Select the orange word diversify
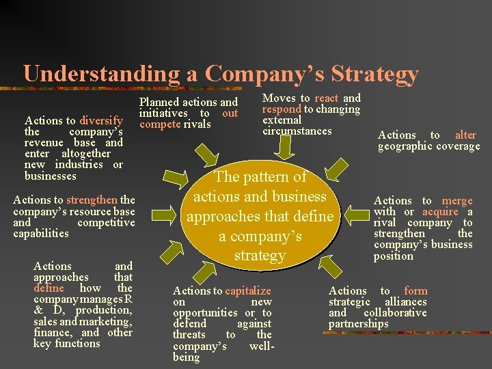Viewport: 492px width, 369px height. pyautogui.click(x=100, y=120)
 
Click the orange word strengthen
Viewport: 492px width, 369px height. pyautogui.click(x=92, y=200)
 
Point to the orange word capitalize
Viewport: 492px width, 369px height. pyautogui.click(x=248, y=290)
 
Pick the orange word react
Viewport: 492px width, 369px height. pyautogui.click(x=326, y=98)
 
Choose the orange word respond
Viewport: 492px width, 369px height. pyautogui.click(x=282, y=109)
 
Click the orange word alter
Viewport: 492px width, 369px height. pyautogui.click(x=465, y=135)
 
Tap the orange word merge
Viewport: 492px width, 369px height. pyautogui.click(x=457, y=200)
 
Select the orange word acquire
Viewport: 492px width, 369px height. pyautogui.click(x=440, y=212)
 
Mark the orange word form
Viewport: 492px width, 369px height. pyautogui.click(x=415, y=290)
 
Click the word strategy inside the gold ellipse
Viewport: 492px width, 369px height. pyautogui.click(x=260, y=256)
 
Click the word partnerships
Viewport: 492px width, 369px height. pyautogui.click(x=358, y=324)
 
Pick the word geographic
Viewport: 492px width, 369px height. pyautogui.click(x=404, y=146)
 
